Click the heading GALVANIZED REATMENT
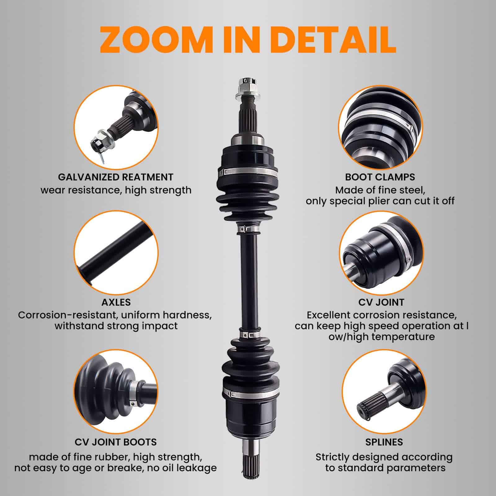pyautogui.click(x=116, y=177)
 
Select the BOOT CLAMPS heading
pyautogui.click(x=380, y=177)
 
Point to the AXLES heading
pyautogui.click(x=116, y=302)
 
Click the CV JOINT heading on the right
pyautogui.click(x=381, y=302)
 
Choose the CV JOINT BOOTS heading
pyautogui.click(x=116, y=442)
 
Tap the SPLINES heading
pyautogui.click(x=384, y=442)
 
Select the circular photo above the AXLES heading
pyautogui.click(x=116, y=253)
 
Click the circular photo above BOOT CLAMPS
pyautogui.click(x=380, y=127)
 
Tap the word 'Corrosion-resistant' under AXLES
pyautogui.click(x=67, y=315)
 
